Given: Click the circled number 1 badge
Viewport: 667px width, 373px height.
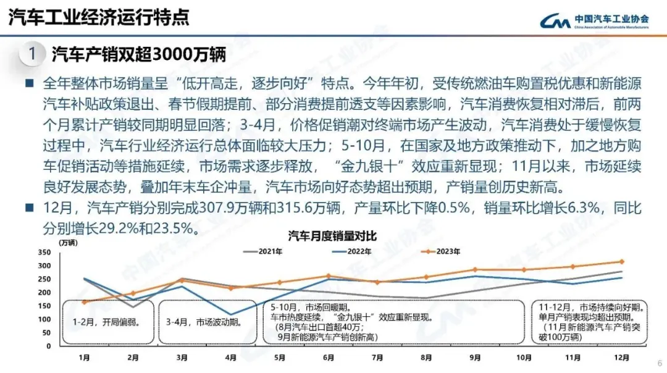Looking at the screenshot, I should tap(32, 54).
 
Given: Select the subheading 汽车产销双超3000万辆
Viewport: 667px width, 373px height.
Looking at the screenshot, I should tap(138, 54).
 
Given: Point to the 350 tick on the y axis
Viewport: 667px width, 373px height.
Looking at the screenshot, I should tap(44, 253).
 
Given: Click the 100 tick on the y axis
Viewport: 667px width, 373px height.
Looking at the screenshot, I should tap(44, 319).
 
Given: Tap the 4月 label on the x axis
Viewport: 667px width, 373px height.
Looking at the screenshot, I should tap(230, 358).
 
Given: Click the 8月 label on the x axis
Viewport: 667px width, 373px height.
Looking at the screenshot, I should tap(426, 358).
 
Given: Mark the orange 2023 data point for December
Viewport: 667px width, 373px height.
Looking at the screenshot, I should tap(622, 261).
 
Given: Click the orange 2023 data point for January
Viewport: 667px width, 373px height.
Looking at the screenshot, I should tap(84, 302).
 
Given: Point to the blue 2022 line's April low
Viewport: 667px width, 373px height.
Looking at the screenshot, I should tap(230, 315).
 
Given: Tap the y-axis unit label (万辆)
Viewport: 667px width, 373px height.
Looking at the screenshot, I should tap(69, 242).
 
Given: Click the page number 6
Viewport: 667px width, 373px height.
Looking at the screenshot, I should tap(659, 363).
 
